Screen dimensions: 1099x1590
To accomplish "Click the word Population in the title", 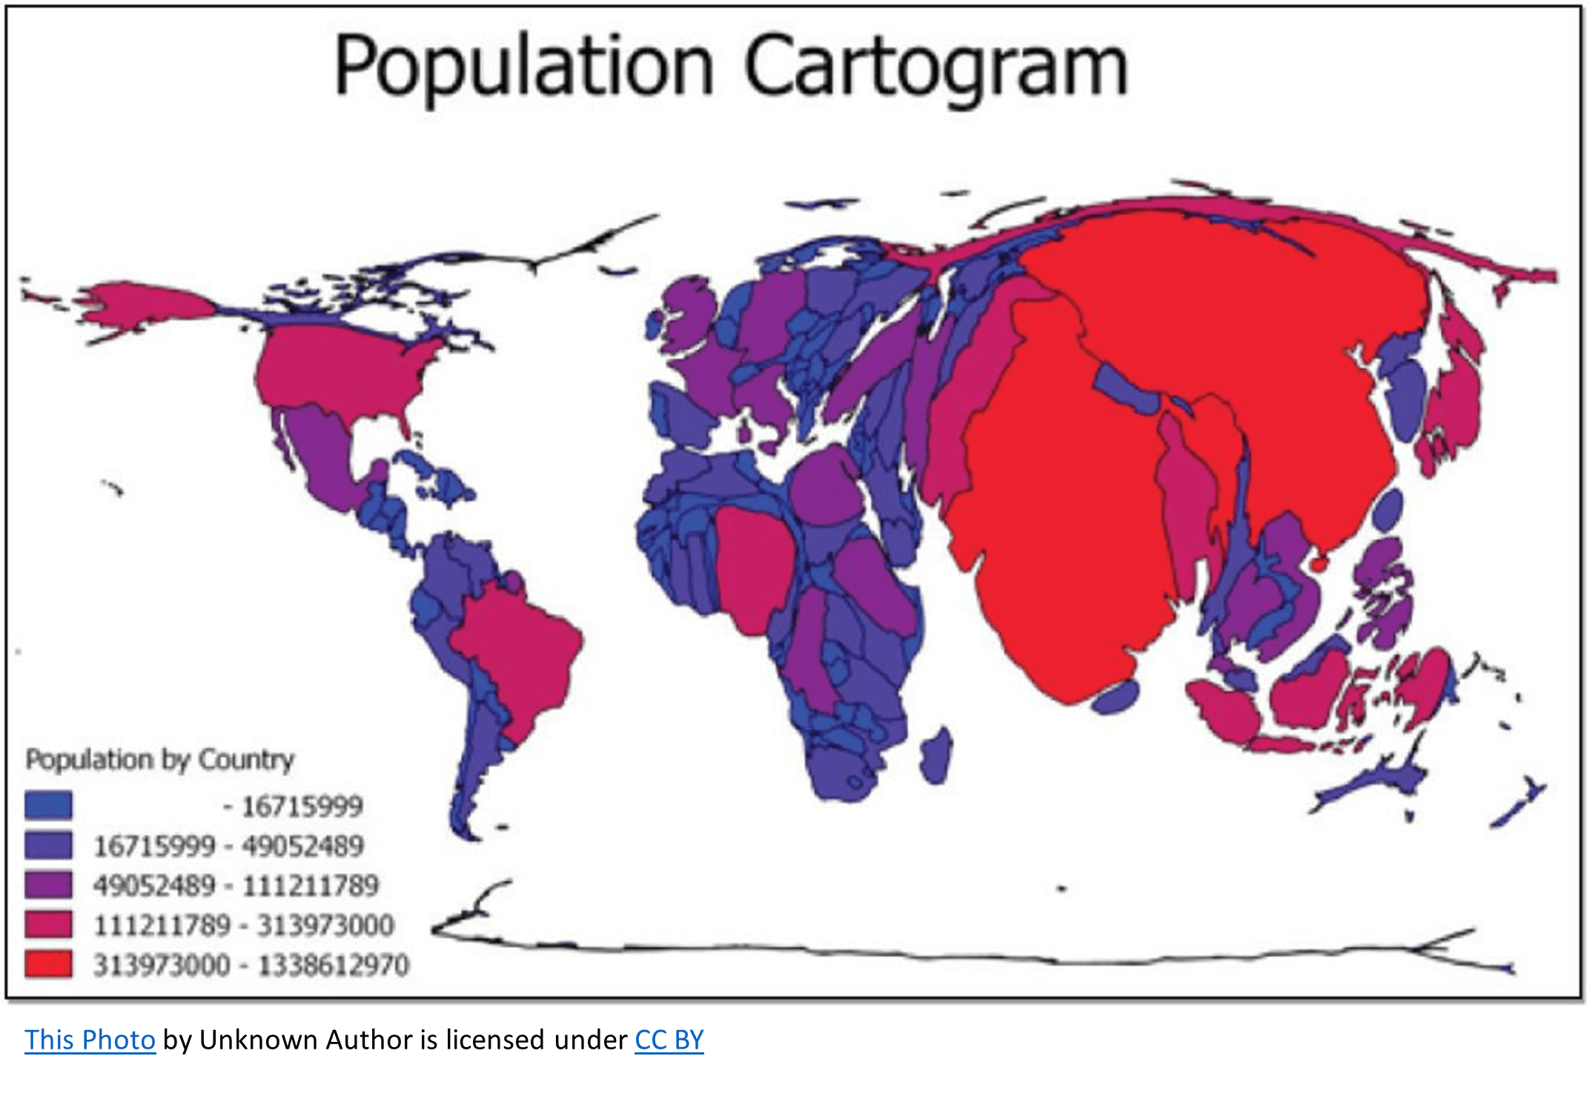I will [x=523, y=67].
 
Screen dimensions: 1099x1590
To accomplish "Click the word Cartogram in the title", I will [x=935, y=67].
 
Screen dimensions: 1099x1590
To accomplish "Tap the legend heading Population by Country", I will [x=160, y=760].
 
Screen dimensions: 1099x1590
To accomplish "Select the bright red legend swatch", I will [x=48, y=964].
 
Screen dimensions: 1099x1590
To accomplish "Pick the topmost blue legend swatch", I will [x=48, y=805].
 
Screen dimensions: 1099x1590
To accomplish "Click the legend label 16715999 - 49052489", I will [x=228, y=846].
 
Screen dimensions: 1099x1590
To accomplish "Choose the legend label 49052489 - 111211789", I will [x=236, y=886].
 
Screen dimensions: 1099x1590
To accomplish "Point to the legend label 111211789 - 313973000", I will [x=244, y=925].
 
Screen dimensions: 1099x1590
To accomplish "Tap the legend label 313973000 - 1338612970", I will [x=251, y=965].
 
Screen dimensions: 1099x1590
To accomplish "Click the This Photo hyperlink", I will [x=90, y=1040].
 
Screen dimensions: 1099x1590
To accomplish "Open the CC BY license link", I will [x=669, y=1040].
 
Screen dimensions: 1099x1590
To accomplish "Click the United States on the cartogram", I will [x=341, y=371].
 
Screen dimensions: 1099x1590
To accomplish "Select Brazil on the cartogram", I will [x=519, y=652].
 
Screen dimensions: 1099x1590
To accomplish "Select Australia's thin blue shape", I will [x=1371, y=786].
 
